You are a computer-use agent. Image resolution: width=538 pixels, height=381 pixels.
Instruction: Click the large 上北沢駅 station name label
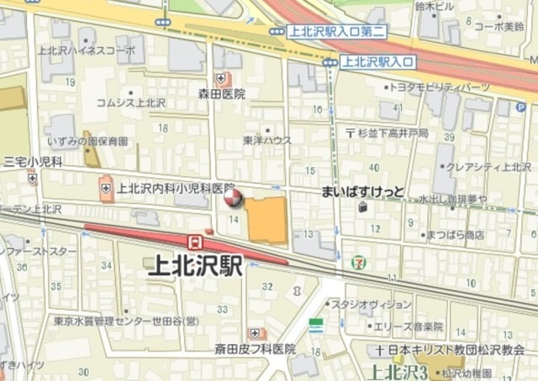[194, 267]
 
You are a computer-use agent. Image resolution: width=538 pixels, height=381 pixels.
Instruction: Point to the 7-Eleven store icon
[358, 263]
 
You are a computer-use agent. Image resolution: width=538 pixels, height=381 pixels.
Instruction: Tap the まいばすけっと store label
[362, 192]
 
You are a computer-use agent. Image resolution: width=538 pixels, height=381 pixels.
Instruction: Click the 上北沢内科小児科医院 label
[176, 188]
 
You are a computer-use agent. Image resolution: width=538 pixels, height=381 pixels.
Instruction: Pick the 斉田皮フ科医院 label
[255, 347]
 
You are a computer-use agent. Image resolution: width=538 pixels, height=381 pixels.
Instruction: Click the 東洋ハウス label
[267, 140]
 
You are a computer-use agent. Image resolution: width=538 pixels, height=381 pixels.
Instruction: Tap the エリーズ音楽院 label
[409, 326]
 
